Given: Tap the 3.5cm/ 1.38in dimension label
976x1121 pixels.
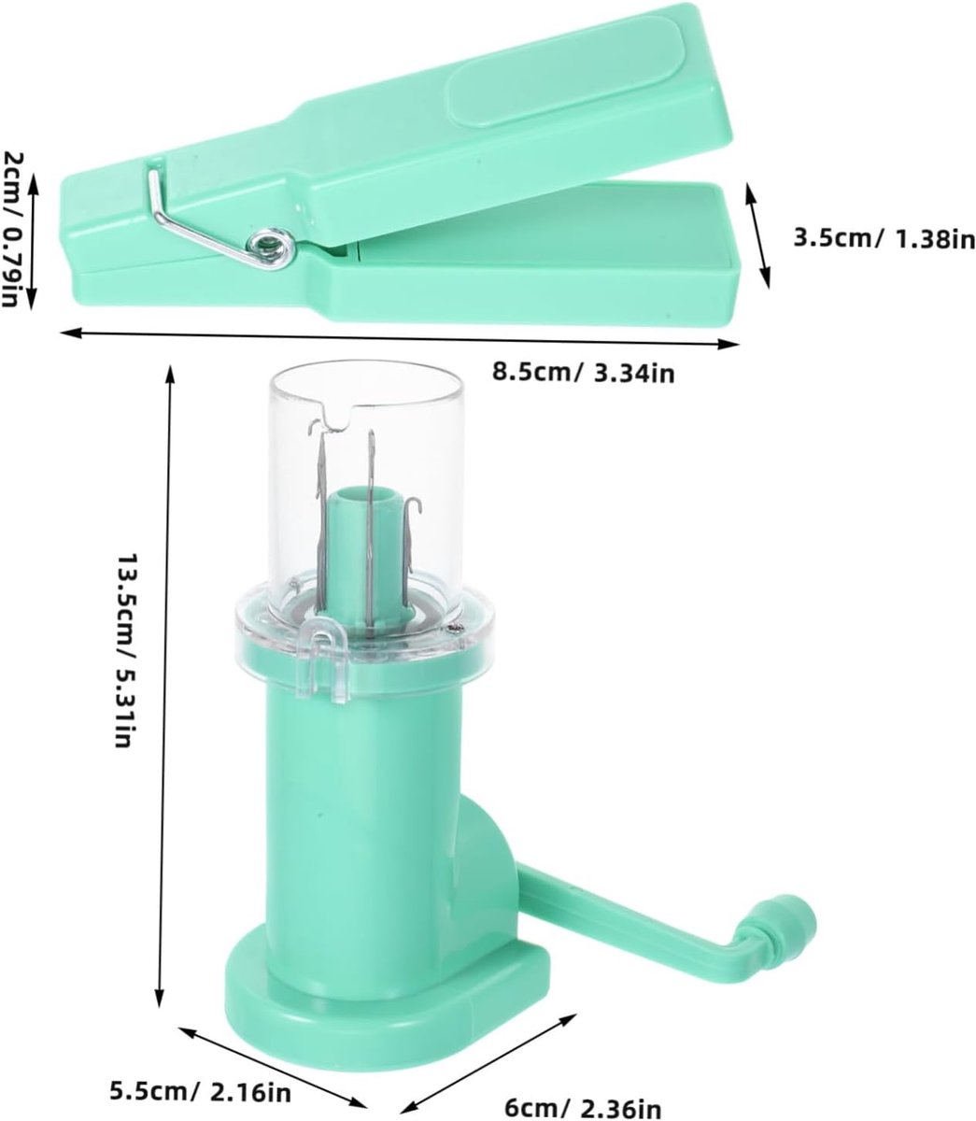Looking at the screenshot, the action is click(884, 239).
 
